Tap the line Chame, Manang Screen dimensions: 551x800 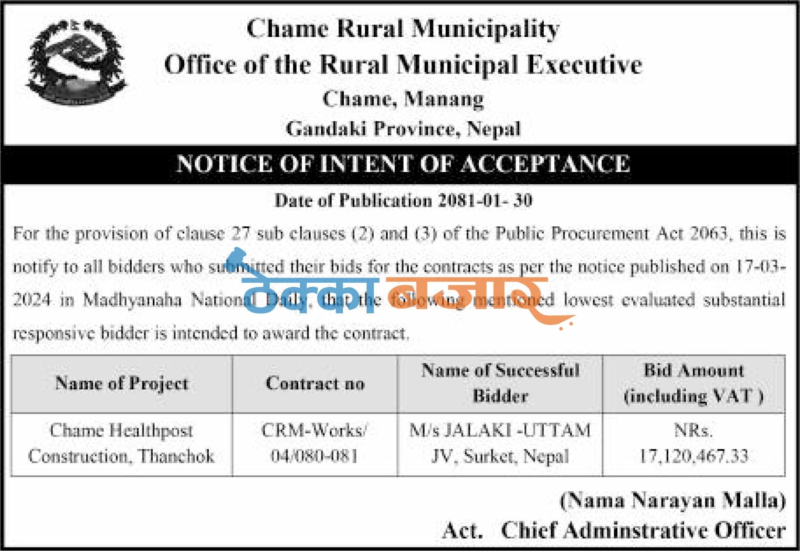tap(403, 99)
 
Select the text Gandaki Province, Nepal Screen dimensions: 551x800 tap(403, 129)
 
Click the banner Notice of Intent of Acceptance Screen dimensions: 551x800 tap(403, 164)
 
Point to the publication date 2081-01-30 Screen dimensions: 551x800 tap(485, 201)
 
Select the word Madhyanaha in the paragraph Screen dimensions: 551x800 tap(132, 300)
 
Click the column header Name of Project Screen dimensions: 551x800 tap(122, 384)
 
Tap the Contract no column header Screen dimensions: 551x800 tap(315, 384)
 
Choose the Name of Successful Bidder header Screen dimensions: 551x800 tap(500, 383)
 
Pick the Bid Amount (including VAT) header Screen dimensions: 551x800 tap(694, 383)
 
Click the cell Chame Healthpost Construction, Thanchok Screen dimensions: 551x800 tap(122, 444)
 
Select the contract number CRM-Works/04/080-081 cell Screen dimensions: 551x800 tap(314, 444)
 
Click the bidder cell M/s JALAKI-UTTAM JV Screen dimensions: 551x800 tap(500, 444)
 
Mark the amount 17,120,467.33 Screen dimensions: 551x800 tap(694, 456)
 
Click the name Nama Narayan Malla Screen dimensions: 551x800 tap(672, 501)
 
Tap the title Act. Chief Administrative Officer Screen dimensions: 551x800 tap(614, 531)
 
